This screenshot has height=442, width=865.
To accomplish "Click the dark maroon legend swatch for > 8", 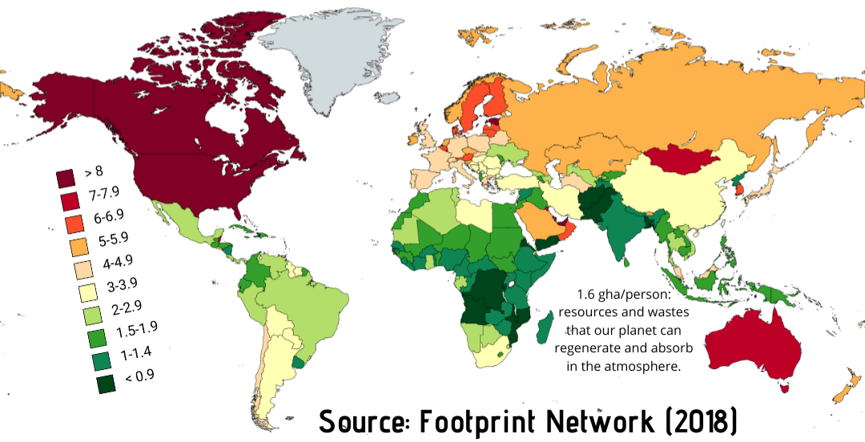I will pos(65,176).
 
